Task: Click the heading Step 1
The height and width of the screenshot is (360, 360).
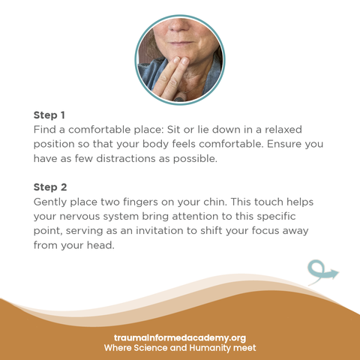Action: pyautogui.click(x=49, y=115)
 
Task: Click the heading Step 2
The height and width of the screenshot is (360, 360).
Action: pyautogui.click(x=50, y=187)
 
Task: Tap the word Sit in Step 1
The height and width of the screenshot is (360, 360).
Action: pyautogui.click(x=173, y=130)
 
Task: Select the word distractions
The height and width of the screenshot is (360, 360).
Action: pyautogui.click(x=126, y=158)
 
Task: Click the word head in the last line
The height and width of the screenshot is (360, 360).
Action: pyautogui.click(x=100, y=245)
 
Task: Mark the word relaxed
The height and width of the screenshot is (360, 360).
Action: pyautogui.click(x=283, y=130)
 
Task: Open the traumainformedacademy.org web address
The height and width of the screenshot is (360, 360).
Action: pyautogui.click(x=180, y=338)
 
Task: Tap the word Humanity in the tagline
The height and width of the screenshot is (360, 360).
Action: pyautogui.click(x=210, y=348)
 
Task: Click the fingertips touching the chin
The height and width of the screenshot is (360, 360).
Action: pyautogui.click(x=181, y=61)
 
